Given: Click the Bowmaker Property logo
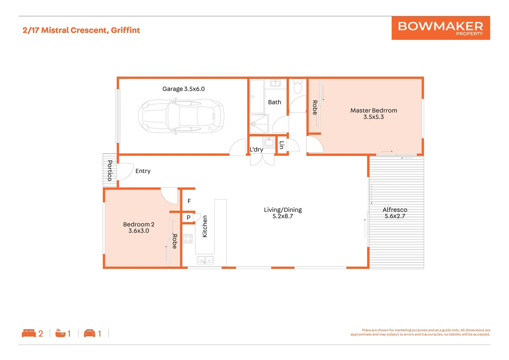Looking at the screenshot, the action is pyautogui.click(x=441, y=28).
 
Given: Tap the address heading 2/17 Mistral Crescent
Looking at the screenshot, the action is pyautogui.click(x=81, y=30).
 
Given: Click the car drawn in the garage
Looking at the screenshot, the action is pyautogui.click(x=181, y=116).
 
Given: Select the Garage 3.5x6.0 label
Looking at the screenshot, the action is pyautogui.click(x=183, y=89).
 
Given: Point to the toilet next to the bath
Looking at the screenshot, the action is pyautogui.click(x=298, y=86).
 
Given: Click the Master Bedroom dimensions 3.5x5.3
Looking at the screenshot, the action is pyautogui.click(x=373, y=117).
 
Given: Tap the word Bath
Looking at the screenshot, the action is pyautogui.click(x=274, y=102).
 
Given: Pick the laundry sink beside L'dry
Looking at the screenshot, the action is pyautogui.click(x=269, y=142).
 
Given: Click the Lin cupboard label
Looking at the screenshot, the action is pyautogui.click(x=281, y=145).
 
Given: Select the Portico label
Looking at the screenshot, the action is pyautogui.click(x=110, y=171).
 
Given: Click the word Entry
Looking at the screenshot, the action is pyautogui.click(x=143, y=171).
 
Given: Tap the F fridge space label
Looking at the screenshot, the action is pyautogui.click(x=189, y=201).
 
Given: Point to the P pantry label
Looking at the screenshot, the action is pyautogui.click(x=188, y=217).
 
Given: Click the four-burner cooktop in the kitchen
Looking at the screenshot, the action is pyautogui.click(x=188, y=239).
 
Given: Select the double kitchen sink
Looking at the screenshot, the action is pyautogui.click(x=205, y=260).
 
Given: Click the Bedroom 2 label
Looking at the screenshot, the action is pyautogui.click(x=139, y=224).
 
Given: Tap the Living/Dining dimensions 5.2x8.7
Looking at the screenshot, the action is pyautogui.click(x=283, y=216).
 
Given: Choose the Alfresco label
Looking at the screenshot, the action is pyautogui.click(x=395, y=210).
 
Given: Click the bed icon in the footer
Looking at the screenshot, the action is pyautogui.click(x=29, y=333).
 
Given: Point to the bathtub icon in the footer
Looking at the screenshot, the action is pyautogui.click(x=60, y=333).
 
